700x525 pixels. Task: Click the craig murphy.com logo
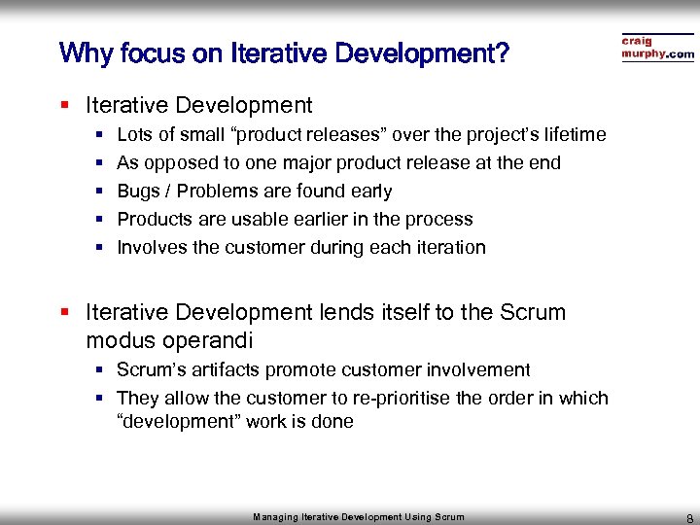pos(657,49)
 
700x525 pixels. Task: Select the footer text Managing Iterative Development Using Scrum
pos(359,517)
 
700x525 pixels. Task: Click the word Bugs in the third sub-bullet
pos(138,192)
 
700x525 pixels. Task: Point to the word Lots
pos(134,134)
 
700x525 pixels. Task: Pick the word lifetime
pos(571,134)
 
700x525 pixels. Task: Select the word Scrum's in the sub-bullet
pos(147,370)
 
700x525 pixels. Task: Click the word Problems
pos(216,192)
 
